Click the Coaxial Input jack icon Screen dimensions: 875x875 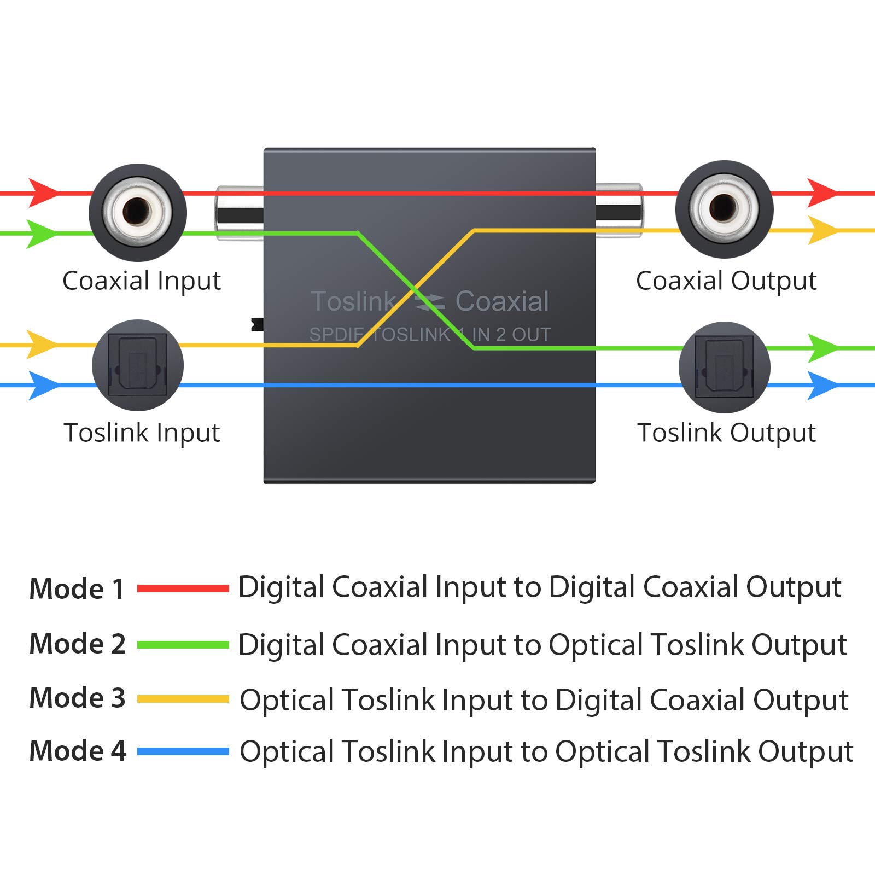(137, 212)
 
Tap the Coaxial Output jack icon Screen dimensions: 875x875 (724, 209)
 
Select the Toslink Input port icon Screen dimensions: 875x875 (137, 365)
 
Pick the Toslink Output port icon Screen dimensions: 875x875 (724, 367)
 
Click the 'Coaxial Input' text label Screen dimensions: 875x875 (141, 281)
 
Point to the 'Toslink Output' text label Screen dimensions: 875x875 (726, 433)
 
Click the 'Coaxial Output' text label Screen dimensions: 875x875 (726, 281)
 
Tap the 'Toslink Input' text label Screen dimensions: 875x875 (142, 433)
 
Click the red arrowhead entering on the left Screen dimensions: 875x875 (43, 192)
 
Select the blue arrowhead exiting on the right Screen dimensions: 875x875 (821, 386)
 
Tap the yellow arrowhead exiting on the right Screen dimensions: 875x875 (821, 230)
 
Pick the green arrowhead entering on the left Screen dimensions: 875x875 (42, 234)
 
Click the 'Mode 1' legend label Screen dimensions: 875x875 (77, 589)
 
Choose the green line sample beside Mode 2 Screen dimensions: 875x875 (183, 645)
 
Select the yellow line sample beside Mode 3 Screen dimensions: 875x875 (183, 699)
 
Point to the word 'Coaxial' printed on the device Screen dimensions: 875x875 (502, 301)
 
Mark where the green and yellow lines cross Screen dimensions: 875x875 (415, 288)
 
